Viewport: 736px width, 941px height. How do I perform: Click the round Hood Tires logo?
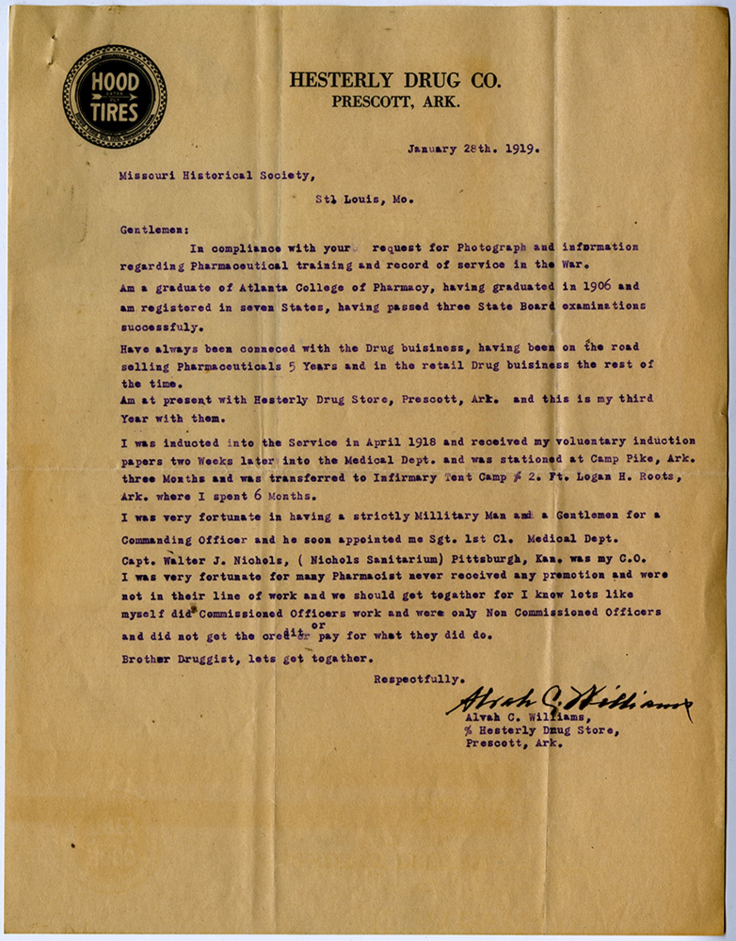pyautogui.click(x=114, y=97)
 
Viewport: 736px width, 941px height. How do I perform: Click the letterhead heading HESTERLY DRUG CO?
pyautogui.click(x=395, y=80)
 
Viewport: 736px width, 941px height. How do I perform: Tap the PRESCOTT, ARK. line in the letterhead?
pyautogui.click(x=395, y=102)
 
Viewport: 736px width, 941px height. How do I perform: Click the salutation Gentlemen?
pyautogui.click(x=155, y=230)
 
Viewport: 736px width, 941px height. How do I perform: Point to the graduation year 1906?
pyautogui.click(x=597, y=286)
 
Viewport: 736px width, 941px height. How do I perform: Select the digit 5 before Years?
pyautogui.click(x=292, y=366)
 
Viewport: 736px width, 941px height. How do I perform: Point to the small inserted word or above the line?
pyautogui.click(x=318, y=625)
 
